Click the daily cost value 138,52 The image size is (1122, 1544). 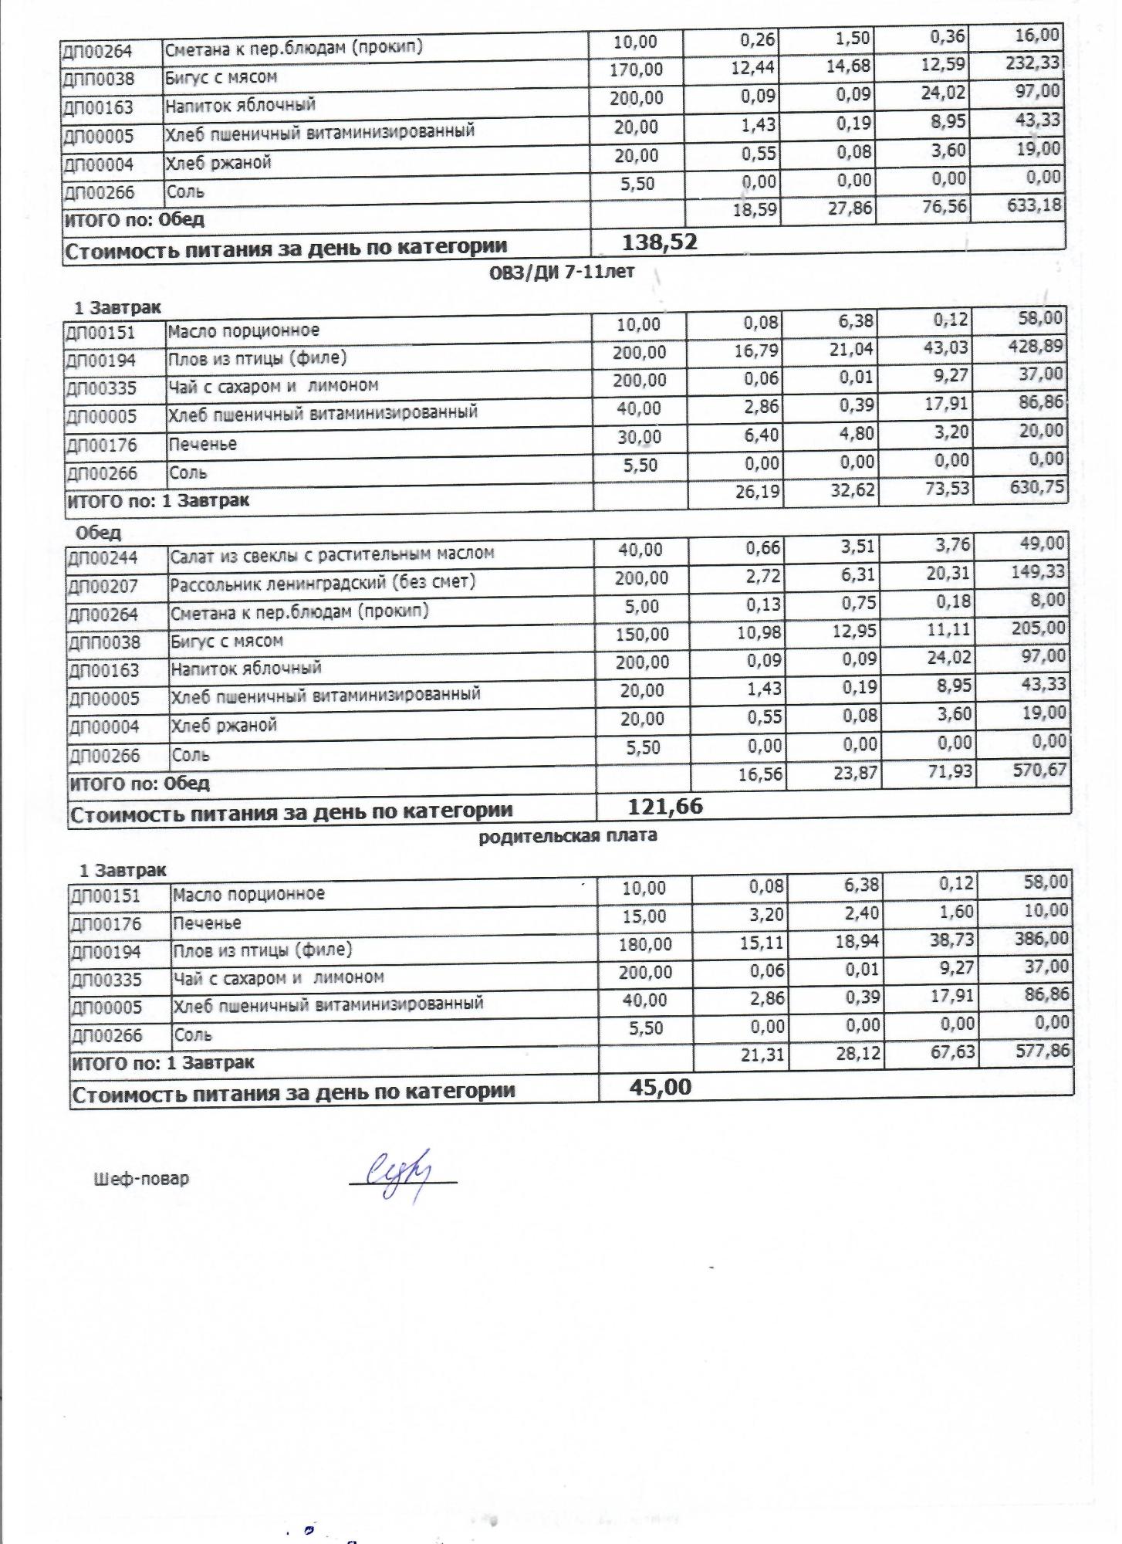click(659, 242)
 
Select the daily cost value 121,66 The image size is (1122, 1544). click(665, 806)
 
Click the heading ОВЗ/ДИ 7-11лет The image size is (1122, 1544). click(563, 272)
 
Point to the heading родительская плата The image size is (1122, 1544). click(568, 835)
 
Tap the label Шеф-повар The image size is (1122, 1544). click(140, 1179)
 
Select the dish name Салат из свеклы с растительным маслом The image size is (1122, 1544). click(332, 554)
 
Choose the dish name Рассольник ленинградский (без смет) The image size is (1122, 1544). click(323, 581)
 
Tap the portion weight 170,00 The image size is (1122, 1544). click(636, 69)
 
